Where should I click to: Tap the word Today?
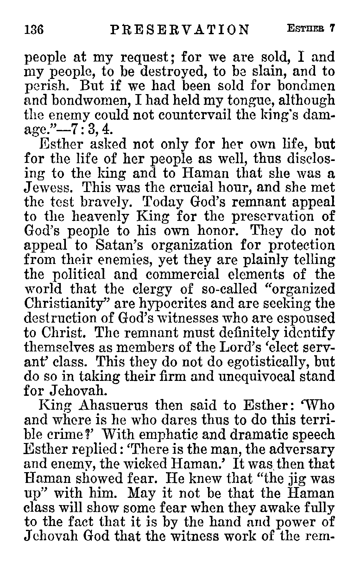tap(162, 202)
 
